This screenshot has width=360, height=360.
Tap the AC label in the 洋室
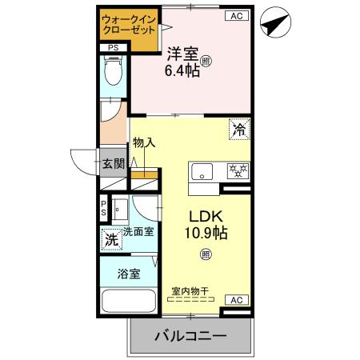[x=237, y=15]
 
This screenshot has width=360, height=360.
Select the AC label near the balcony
[x=236, y=299]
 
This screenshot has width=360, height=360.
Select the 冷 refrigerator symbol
[x=238, y=127]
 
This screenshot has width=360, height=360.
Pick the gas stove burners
[x=237, y=170]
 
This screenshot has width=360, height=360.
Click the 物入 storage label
[x=144, y=142]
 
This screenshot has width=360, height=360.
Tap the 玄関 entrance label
[x=113, y=164]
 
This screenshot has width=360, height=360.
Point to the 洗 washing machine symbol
[x=113, y=238]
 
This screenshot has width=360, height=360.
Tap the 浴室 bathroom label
[x=130, y=273]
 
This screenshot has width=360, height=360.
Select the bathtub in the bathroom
[x=130, y=303]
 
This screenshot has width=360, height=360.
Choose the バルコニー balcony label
[x=190, y=336]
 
